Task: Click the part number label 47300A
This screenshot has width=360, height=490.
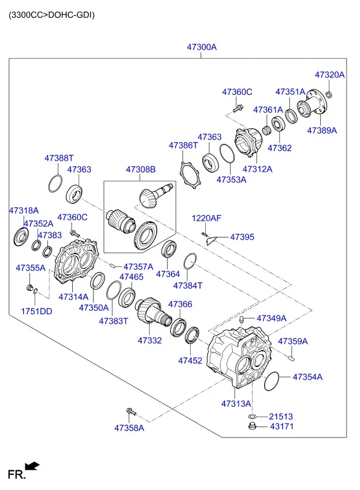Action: tap(202, 47)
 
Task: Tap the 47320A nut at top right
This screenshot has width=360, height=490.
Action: tap(329, 94)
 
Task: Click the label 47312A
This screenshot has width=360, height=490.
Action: tap(257, 169)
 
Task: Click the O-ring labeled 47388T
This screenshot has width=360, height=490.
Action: tap(55, 184)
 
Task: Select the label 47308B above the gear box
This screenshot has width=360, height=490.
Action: tap(140, 169)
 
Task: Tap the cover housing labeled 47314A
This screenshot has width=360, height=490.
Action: tap(76, 261)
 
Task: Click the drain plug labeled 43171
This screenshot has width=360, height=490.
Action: tap(252, 426)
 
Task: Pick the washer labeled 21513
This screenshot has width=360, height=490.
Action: tap(252, 417)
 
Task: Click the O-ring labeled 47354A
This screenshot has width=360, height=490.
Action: tap(271, 381)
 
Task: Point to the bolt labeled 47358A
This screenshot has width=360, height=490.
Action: tap(131, 412)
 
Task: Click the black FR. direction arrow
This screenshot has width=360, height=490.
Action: tap(32, 466)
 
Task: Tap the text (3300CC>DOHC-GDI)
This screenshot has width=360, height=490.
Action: tap(51, 15)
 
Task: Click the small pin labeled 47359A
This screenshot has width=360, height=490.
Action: tap(291, 358)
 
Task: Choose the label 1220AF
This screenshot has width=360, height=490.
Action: tap(206, 218)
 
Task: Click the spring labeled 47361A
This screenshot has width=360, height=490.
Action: tap(266, 130)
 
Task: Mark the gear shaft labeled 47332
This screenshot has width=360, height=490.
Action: tap(153, 312)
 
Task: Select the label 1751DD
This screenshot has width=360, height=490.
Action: tap(36, 311)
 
